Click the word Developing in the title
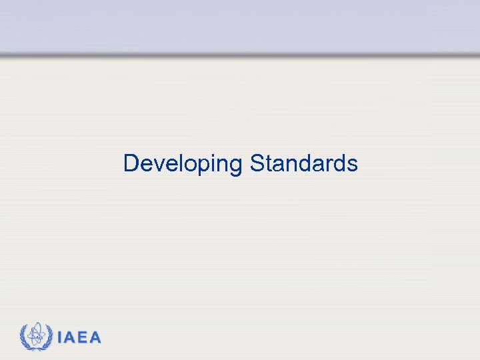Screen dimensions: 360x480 [x=183, y=163]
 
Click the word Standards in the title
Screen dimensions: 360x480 [x=304, y=163]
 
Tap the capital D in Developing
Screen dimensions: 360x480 [x=131, y=163]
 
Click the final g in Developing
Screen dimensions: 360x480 [x=235, y=167]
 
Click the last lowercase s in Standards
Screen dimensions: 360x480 [x=352, y=165]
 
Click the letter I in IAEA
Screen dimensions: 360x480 [x=60, y=338]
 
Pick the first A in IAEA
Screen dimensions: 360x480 [x=70, y=338]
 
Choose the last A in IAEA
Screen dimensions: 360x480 [x=95, y=338]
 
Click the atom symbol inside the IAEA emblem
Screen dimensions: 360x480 [x=37, y=335]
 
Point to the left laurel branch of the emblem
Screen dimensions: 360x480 [x=25, y=337]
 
